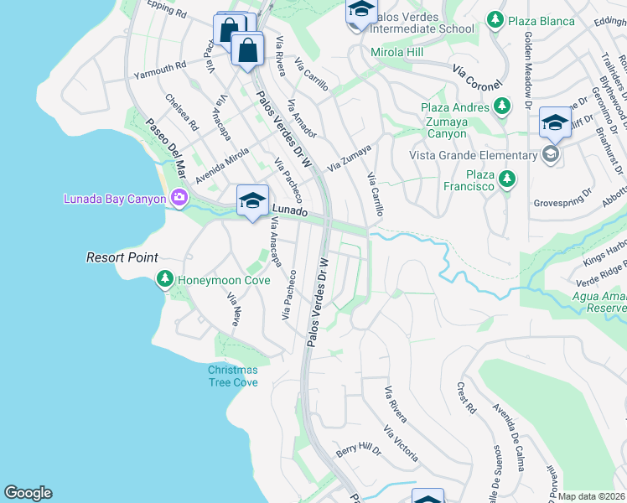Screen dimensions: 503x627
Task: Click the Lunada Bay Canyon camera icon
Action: [x=178, y=199]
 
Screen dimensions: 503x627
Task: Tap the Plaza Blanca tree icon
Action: [x=495, y=18]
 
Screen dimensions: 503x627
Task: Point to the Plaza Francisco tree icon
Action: [x=506, y=179]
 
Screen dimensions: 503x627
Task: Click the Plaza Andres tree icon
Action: [x=502, y=106]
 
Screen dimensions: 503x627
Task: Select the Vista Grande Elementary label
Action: [x=473, y=155]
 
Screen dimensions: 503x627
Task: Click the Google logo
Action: [x=28, y=493]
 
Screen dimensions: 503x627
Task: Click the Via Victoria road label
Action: [x=401, y=443]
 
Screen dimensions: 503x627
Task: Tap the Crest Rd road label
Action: [x=466, y=399]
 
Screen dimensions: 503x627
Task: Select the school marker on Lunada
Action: [x=252, y=202]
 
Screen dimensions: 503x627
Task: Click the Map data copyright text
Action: [x=592, y=496]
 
